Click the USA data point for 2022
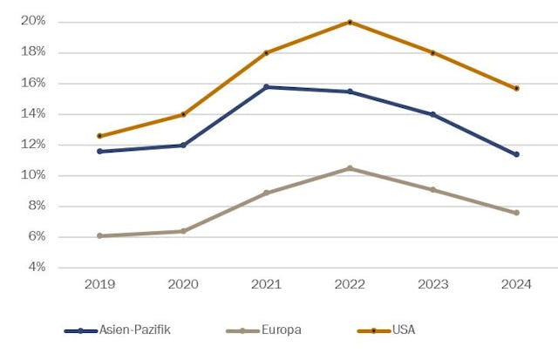(x=350, y=22)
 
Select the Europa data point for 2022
(x=350, y=168)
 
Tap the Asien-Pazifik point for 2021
(x=266, y=87)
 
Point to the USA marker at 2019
(x=99, y=136)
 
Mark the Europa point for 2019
(x=99, y=235)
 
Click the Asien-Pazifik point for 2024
(x=516, y=154)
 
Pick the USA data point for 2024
(x=516, y=88)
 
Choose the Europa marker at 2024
(x=516, y=213)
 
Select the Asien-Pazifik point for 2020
(x=183, y=145)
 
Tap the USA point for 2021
(x=266, y=52)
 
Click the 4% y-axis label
(x=37, y=268)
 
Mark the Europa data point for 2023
(x=432, y=189)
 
